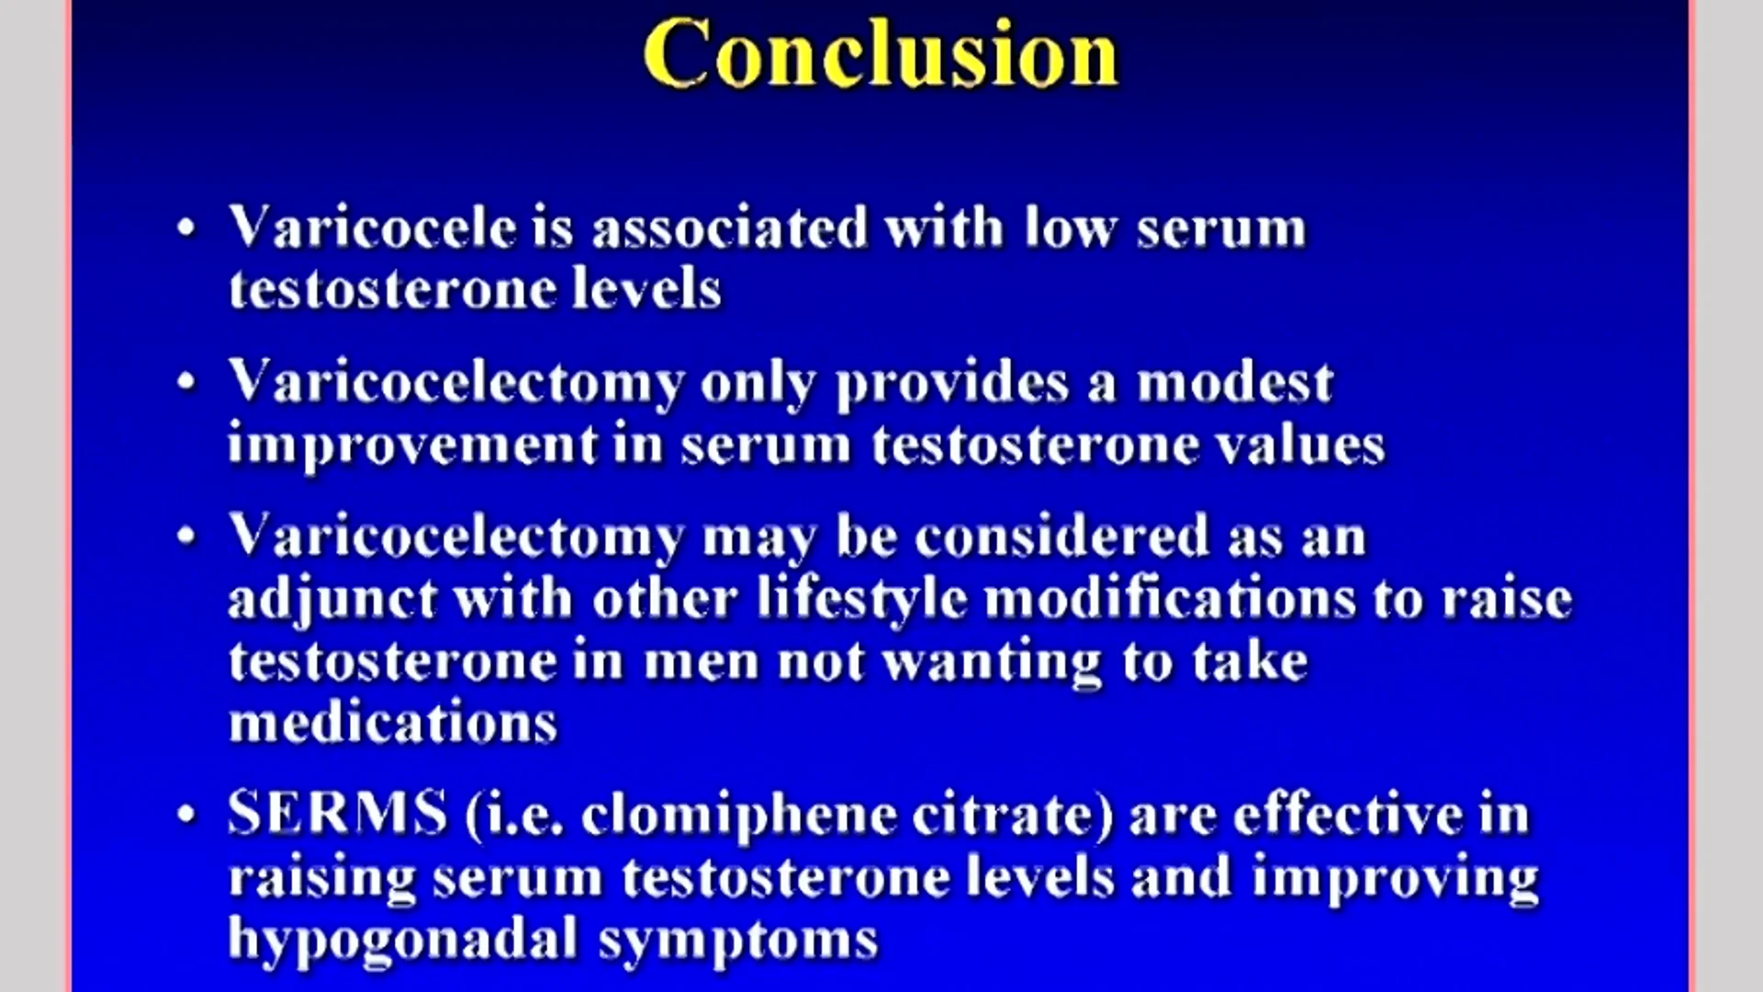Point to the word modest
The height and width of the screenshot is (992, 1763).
(1235, 381)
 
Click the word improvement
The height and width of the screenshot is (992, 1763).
(413, 445)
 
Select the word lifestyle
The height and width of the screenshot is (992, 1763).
(862, 599)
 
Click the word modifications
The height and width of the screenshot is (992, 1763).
(1170, 599)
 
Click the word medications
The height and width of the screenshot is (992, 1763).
(393, 722)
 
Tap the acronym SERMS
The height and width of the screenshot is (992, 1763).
(338, 813)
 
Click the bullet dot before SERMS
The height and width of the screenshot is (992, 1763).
(187, 814)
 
